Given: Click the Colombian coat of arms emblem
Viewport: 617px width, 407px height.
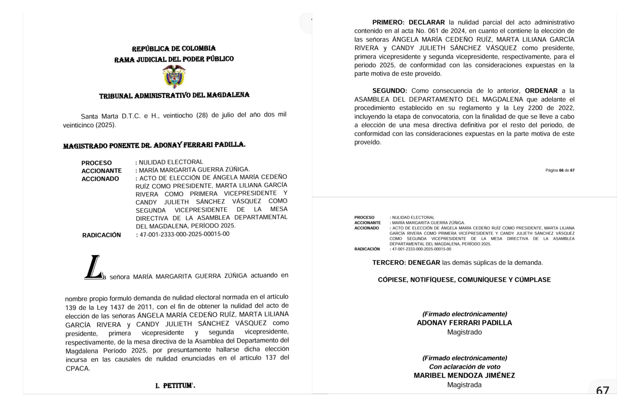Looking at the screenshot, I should pyautogui.click(x=174, y=76).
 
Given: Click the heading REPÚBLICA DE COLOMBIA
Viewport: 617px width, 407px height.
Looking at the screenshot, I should pyautogui.click(x=174, y=48).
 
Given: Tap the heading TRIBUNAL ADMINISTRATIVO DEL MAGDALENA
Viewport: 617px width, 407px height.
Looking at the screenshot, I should pyautogui.click(x=174, y=95).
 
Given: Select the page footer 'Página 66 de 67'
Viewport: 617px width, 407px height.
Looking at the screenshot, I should pyautogui.click(x=560, y=170).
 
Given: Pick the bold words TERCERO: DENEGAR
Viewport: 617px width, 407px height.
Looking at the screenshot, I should pyautogui.click(x=406, y=263).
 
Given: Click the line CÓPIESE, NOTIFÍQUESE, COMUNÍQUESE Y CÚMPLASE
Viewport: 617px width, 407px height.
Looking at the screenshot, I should pyautogui.click(x=464, y=280).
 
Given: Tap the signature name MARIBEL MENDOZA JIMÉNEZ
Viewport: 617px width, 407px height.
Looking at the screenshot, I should pyautogui.click(x=464, y=375).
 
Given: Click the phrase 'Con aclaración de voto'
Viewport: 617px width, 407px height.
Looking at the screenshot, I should pyautogui.click(x=464, y=367).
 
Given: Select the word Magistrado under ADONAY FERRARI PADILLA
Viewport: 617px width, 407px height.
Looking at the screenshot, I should pyautogui.click(x=464, y=332).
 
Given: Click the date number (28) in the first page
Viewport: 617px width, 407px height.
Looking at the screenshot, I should pyautogui.click(x=202, y=115).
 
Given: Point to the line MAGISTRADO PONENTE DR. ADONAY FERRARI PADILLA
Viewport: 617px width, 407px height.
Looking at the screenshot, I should pyautogui.click(x=154, y=145).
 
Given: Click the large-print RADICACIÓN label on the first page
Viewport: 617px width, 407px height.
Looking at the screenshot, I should pyautogui.click(x=101, y=235).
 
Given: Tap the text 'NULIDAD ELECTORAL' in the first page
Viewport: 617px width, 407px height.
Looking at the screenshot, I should pyautogui.click(x=171, y=162).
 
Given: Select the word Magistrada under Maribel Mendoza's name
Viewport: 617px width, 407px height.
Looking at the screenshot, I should pyautogui.click(x=464, y=385).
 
